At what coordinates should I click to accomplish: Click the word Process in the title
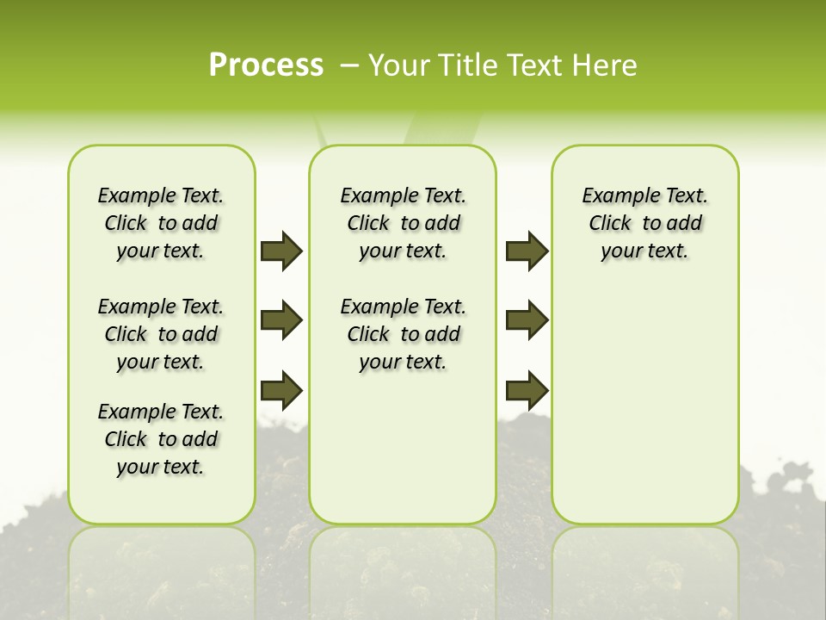tap(266, 65)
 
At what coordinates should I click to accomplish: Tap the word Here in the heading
tap(606, 65)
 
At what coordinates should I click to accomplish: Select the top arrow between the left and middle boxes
tap(281, 251)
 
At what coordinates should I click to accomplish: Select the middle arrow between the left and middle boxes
tap(281, 320)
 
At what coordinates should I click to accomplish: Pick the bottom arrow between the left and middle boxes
tap(281, 390)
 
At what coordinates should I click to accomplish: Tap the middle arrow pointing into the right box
tap(527, 320)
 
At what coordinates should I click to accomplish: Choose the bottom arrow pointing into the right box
tap(527, 390)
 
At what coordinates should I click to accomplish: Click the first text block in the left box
tap(161, 223)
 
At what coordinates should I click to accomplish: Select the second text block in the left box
tap(161, 334)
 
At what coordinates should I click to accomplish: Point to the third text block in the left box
tap(161, 439)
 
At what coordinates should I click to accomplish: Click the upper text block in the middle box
tap(403, 223)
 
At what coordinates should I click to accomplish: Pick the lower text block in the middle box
tap(403, 334)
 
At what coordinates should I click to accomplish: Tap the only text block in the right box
tap(644, 223)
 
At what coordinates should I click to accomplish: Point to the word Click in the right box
tap(610, 224)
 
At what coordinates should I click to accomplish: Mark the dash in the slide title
tap(350, 65)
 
